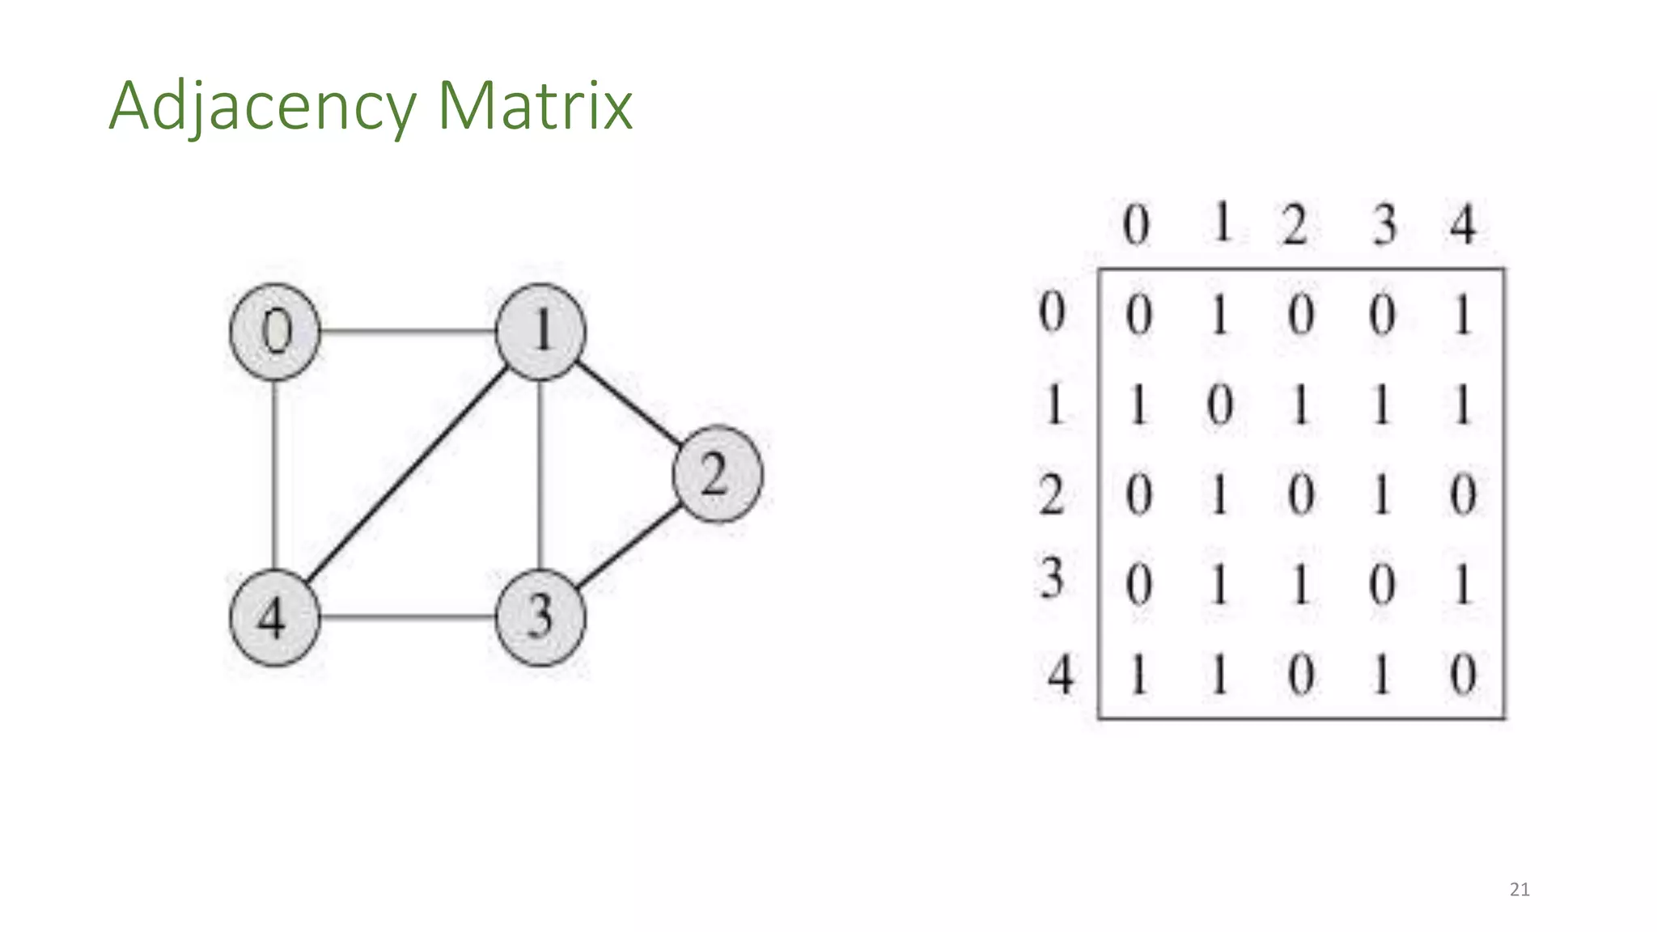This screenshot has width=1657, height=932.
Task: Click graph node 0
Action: click(275, 332)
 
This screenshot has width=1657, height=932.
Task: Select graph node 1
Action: click(540, 332)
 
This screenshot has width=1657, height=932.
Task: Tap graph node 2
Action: click(717, 474)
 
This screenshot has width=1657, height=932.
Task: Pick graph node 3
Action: click(540, 617)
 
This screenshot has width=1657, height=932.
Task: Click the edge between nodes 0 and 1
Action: click(408, 331)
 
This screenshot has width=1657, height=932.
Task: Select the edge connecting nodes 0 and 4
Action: click(275, 475)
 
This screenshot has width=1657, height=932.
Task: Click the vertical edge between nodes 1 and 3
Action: click(540, 475)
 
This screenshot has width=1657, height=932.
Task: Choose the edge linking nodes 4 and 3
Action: click(408, 617)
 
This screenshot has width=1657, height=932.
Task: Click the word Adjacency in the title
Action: click(261, 106)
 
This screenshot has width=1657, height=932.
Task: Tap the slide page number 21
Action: click(1519, 890)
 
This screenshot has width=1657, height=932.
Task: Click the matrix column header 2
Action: click(1295, 224)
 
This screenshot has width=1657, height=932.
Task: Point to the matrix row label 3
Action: click(1052, 579)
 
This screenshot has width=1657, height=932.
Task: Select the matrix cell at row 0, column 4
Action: click(1463, 315)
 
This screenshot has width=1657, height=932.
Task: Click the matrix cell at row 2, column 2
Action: click(1301, 494)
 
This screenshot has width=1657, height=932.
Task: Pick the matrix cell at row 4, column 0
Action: click(1138, 674)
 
